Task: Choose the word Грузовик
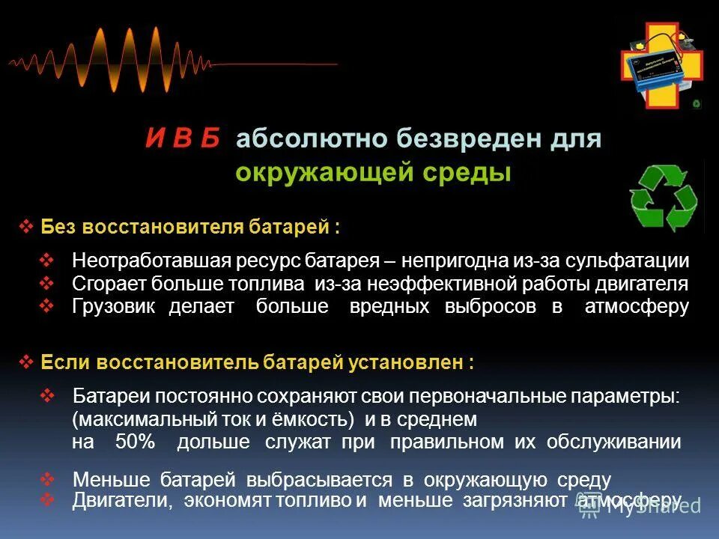113,306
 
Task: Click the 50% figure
135,442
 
